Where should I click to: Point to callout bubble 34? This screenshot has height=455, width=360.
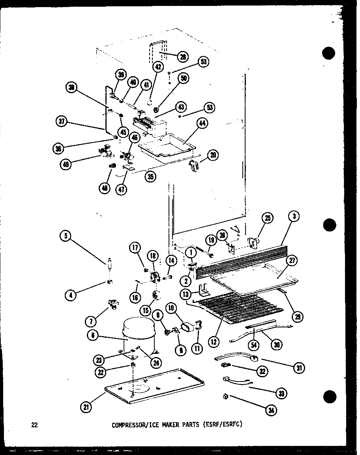coord(271,411)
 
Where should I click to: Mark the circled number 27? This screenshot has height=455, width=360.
coord(292,261)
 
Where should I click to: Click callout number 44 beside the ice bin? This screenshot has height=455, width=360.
coord(202,124)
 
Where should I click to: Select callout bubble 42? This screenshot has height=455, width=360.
coord(158,67)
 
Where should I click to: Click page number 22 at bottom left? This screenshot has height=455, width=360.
coord(35,425)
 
